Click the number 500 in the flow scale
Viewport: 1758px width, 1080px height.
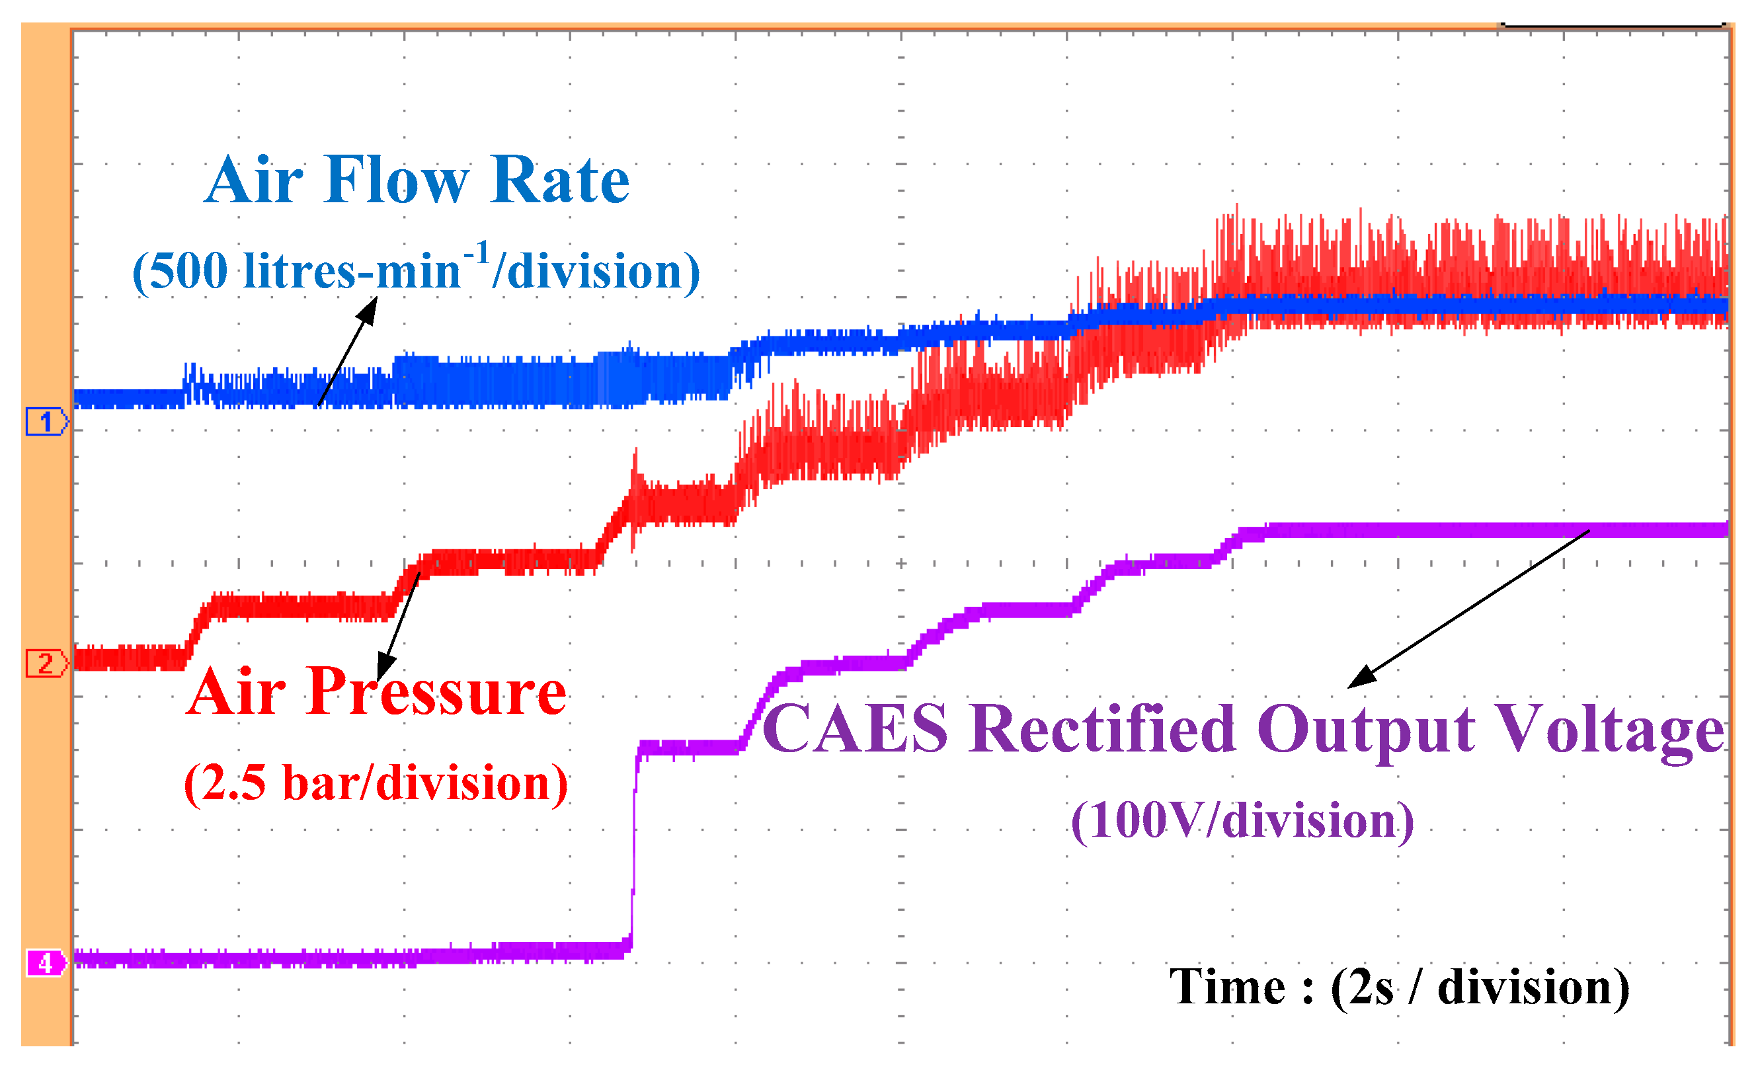[188, 272]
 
